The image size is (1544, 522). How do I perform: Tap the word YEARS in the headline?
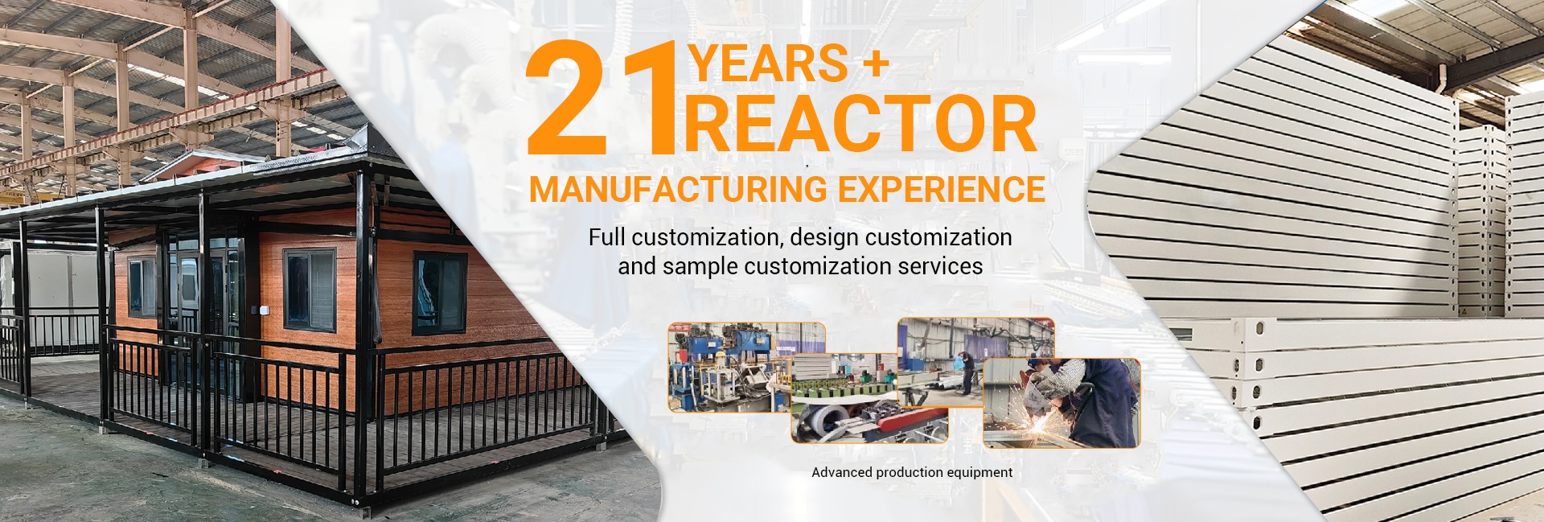click(769, 64)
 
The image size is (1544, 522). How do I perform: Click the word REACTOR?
click(860, 124)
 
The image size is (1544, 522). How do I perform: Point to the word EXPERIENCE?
click(942, 189)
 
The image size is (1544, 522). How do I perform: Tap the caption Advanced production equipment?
click(912, 472)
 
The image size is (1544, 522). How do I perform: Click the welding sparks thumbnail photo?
click(1061, 403)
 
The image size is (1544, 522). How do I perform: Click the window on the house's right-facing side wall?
click(440, 294)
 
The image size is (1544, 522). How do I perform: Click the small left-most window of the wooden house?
click(142, 287)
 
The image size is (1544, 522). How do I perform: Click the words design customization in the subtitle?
click(901, 238)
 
